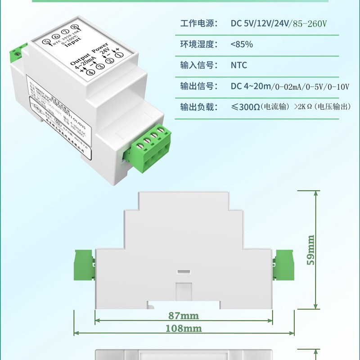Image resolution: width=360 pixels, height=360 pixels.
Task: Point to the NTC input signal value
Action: click(238, 65)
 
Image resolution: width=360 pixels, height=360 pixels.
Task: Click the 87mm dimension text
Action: click(183, 315)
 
